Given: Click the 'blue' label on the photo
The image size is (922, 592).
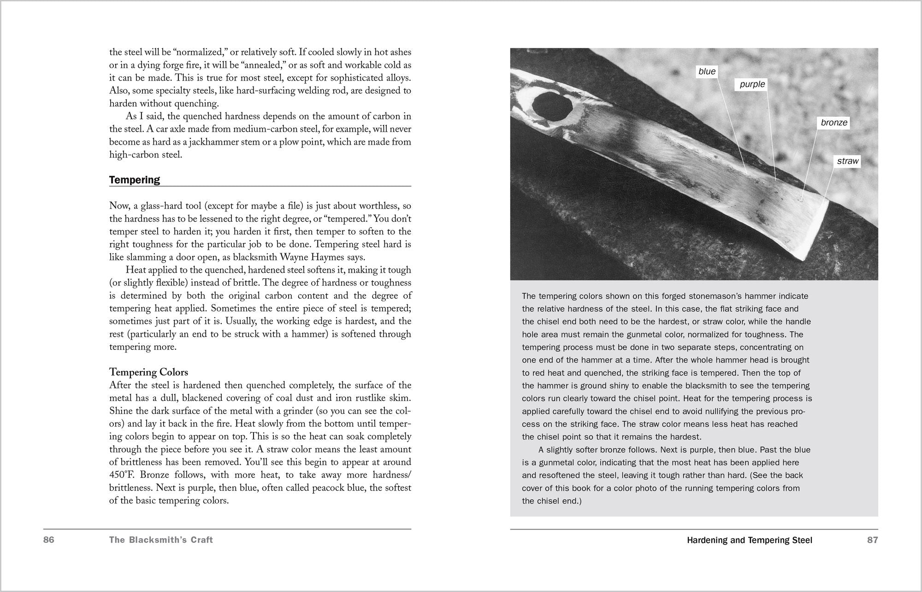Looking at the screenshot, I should pyautogui.click(x=707, y=71).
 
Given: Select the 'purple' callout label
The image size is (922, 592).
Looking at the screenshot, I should pyautogui.click(x=752, y=84).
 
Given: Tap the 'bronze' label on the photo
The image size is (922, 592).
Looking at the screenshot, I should pyautogui.click(x=834, y=123).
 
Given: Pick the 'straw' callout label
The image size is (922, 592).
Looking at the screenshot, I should pyautogui.click(x=848, y=161).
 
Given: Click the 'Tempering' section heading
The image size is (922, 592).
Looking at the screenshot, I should pyautogui.click(x=135, y=180).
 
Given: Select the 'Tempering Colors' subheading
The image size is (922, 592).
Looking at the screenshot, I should pyautogui.click(x=148, y=372).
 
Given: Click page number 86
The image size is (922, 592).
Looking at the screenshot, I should pyautogui.click(x=49, y=540).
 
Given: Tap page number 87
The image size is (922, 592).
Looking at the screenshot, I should pyautogui.click(x=872, y=540).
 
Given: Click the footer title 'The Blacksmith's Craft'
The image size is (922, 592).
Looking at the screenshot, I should pyautogui.click(x=161, y=540).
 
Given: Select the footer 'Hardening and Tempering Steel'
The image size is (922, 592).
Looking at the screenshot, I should pyautogui.click(x=750, y=540).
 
